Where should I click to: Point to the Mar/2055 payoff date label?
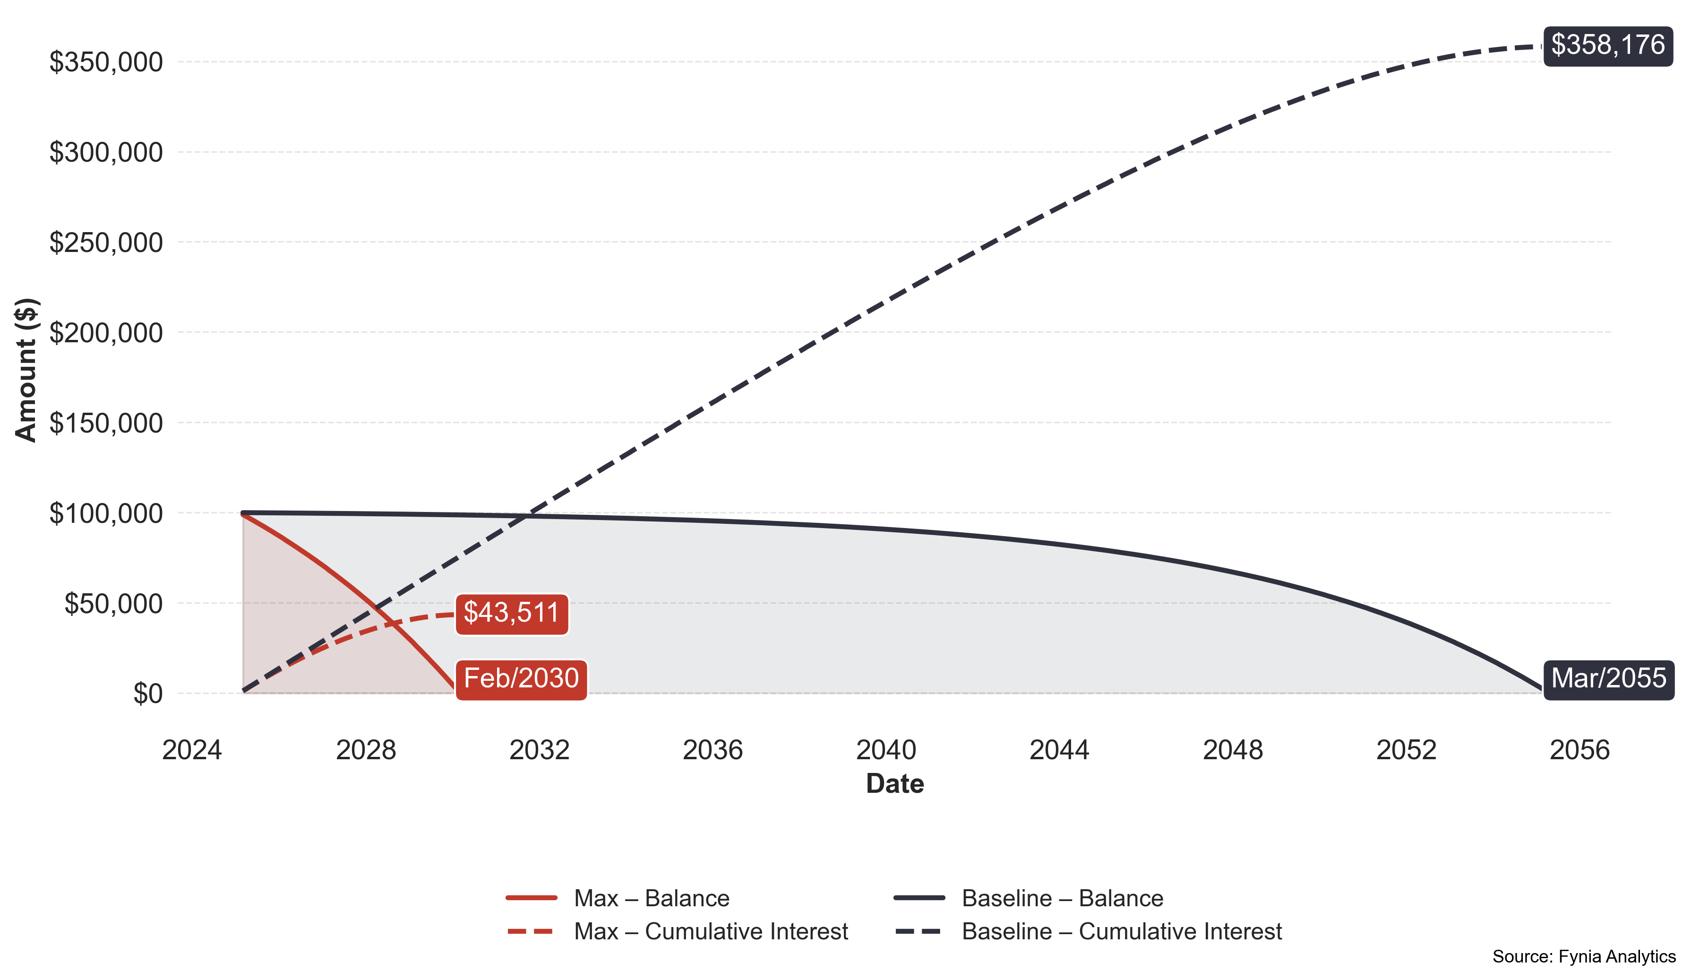1608,679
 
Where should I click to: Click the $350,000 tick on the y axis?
106,62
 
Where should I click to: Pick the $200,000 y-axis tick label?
106,333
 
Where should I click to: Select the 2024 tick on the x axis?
192,750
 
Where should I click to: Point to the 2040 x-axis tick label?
886,750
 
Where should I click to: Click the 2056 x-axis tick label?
1579,750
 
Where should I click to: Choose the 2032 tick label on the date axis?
539,750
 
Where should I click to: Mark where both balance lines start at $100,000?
243,513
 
